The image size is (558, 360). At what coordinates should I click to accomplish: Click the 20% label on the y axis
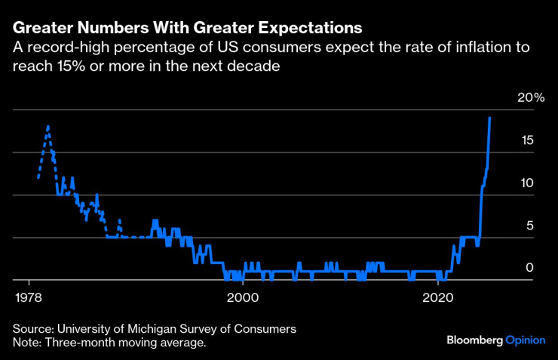tap(530, 98)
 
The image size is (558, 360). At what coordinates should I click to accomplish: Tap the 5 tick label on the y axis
tap(530, 226)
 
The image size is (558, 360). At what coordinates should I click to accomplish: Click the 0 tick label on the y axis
tap(530, 268)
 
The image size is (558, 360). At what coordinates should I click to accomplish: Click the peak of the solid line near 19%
tap(490, 118)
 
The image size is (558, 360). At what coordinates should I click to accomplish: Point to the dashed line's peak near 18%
tap(48, 127)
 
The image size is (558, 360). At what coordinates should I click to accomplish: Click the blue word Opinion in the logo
tap(525, 341)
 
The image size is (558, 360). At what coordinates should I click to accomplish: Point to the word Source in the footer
tap(32, 329)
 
